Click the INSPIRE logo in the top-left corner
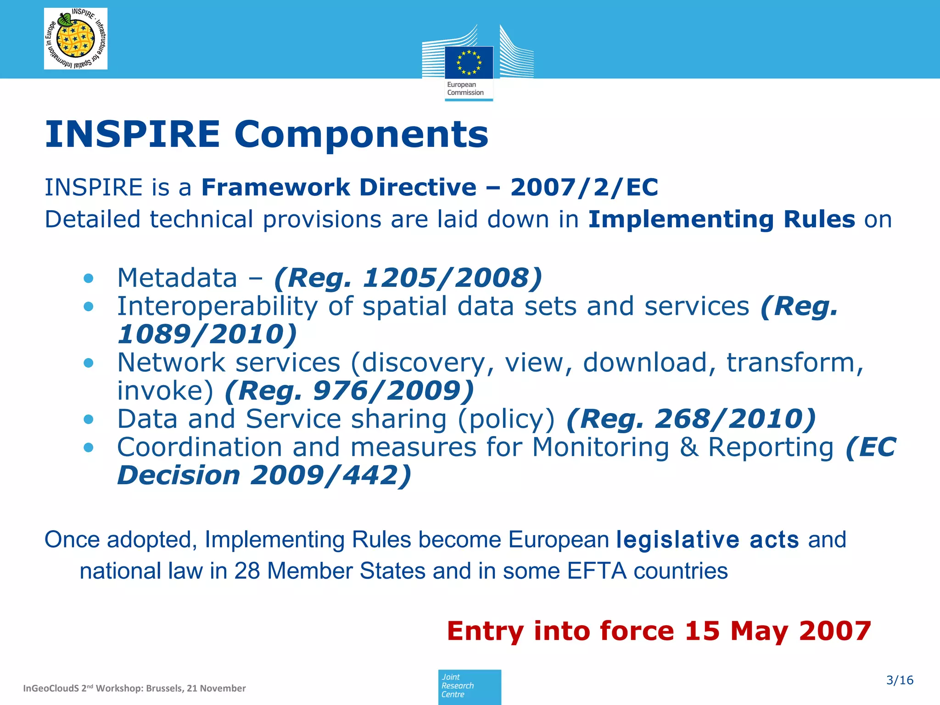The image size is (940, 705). pos(76,39)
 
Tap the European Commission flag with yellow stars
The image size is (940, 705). pos(469,62)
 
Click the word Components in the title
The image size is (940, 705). pos(361,134)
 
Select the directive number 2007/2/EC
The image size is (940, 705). pos(584,187)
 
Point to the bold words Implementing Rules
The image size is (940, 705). pos(722,219)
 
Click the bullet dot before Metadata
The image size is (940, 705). pos(89,278)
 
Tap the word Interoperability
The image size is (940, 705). pos(217,306)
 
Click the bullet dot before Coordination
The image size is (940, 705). pos(89,448)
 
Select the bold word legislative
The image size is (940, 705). pos(677,540)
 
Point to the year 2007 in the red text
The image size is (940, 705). pos(835,631)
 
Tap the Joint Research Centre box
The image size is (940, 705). pos(469,686)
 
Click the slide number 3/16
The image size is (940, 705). pos(900,680)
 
